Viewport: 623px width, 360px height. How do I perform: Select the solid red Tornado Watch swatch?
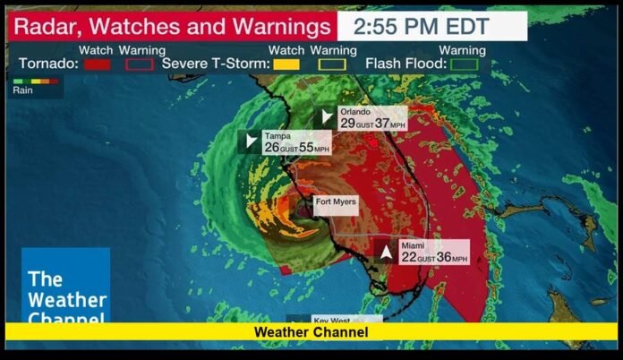tap(96, 64)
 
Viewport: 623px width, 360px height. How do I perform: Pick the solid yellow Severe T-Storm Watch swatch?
tap(286, 64)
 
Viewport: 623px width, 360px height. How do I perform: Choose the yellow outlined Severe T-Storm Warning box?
tap(333, 64)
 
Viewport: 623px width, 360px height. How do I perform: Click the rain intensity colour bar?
tap(36, 81)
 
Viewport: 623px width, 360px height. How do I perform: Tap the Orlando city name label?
tap(354, 112)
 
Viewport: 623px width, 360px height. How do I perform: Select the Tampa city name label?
tap(276, 136)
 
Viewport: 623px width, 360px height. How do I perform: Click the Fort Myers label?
tap(336, 201)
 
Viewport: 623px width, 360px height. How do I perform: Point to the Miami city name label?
tap(413, 245)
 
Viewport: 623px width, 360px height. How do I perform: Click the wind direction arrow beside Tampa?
tap(250, 141)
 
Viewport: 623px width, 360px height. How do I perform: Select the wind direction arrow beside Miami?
tap(386, 252)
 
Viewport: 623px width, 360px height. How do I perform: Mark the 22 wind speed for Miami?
tap(409, 258)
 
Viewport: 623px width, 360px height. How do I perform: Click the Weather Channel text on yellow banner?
tap(311, 332)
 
